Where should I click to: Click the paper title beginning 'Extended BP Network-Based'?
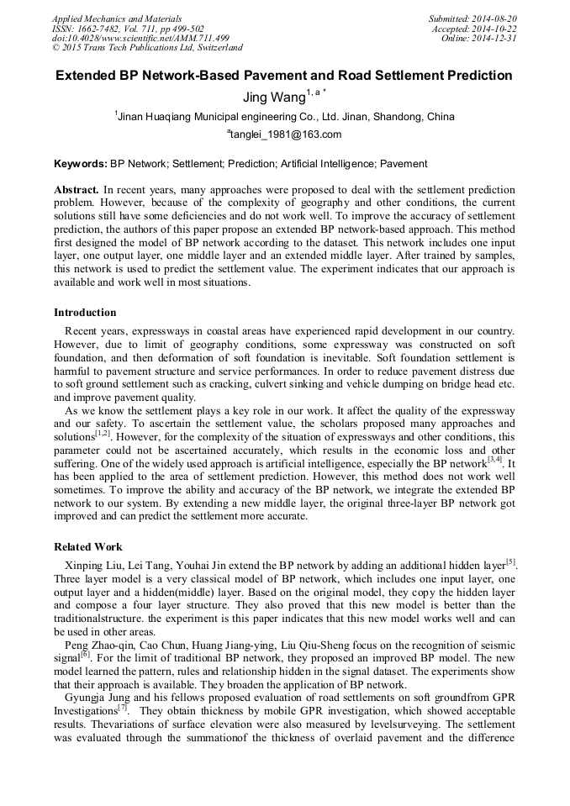(x=284, y=76)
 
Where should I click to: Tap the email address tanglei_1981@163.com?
(x=285, y=134)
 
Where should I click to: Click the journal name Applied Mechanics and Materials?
(x=117, y=18)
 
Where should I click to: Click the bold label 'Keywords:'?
(x=81, y=164)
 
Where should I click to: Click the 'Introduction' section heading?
(x=85, y=313)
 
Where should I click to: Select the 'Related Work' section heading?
(x=88, y=546)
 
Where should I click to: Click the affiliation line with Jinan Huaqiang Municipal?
(x=285, y=117)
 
